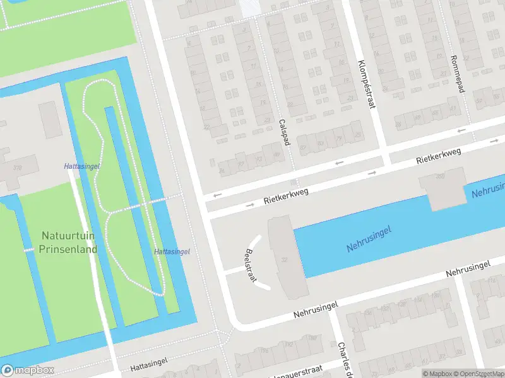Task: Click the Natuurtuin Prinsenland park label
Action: click(x=69, y=242)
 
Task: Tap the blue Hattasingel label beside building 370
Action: click(x=82, y=166)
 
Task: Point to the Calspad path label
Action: click(x=284, y=132)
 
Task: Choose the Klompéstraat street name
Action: click(x=366, y=84)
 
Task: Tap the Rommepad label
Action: click(x=459, y=72)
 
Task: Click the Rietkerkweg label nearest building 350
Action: click(x=438, y=157)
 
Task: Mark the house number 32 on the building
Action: click(x=285, y=260)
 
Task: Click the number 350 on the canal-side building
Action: click(x=440, y=176)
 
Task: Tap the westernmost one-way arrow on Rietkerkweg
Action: click(x=217, y=195)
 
